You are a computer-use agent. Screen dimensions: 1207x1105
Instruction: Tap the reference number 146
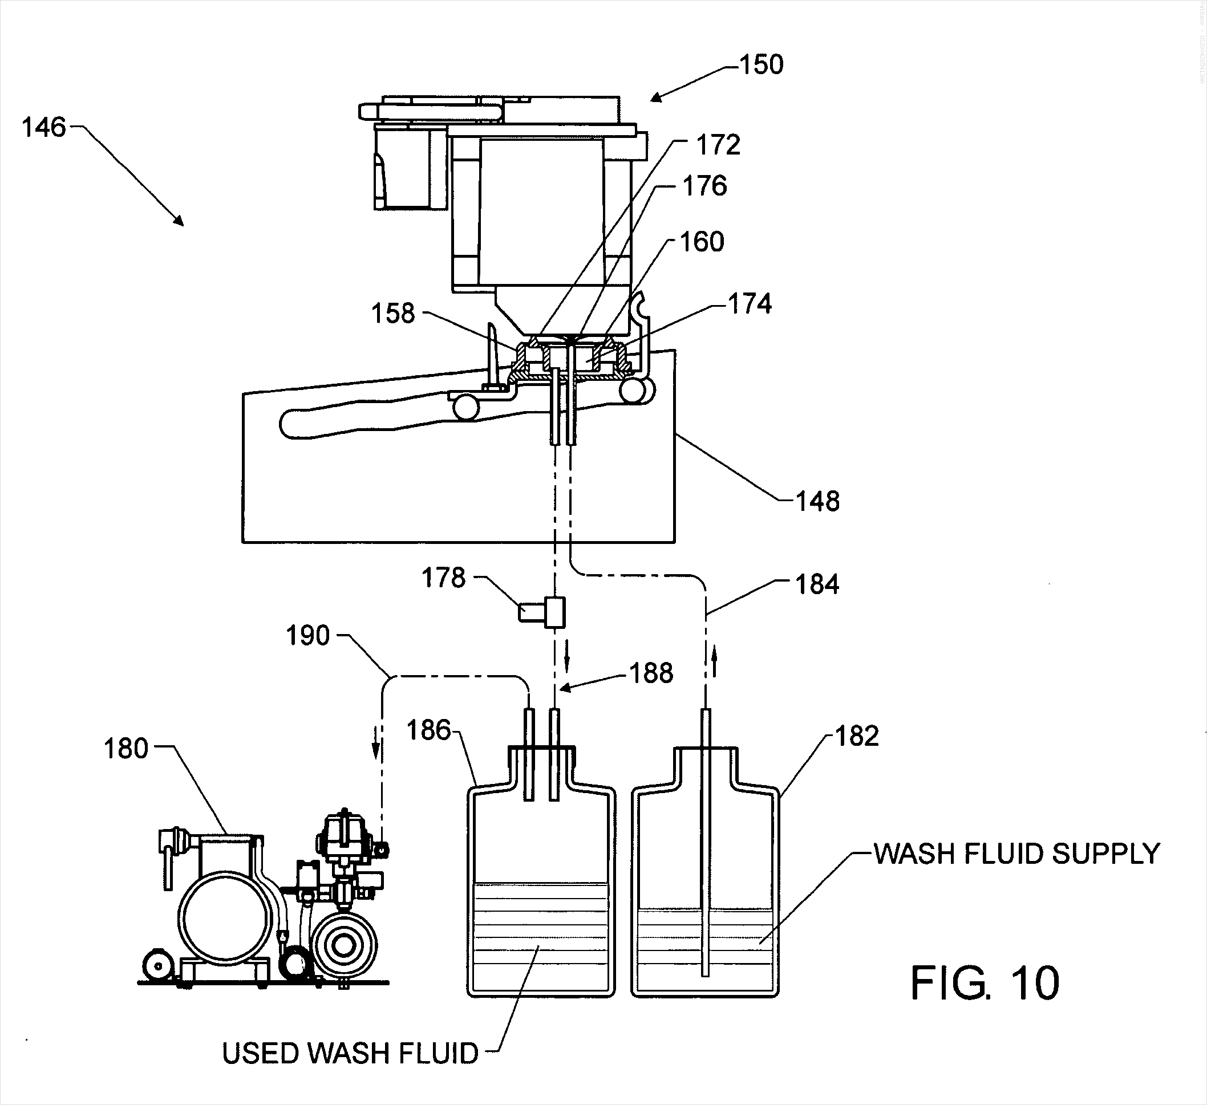(x=44, y=128)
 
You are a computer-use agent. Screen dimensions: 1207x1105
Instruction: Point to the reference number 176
(x=704, y=186)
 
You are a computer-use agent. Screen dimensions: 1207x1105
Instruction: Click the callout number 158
(x=393, y=314)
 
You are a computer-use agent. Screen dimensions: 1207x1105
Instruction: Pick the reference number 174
(x=750, y=304)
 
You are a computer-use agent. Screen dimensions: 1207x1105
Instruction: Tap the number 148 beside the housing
(x=817, y=501)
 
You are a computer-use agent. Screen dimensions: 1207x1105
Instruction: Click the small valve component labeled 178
(x=542, y=612)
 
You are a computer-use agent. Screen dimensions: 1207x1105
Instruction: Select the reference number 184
(x=817, y=584)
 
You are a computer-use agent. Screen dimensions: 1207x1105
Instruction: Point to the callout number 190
(x=307, y=636)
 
